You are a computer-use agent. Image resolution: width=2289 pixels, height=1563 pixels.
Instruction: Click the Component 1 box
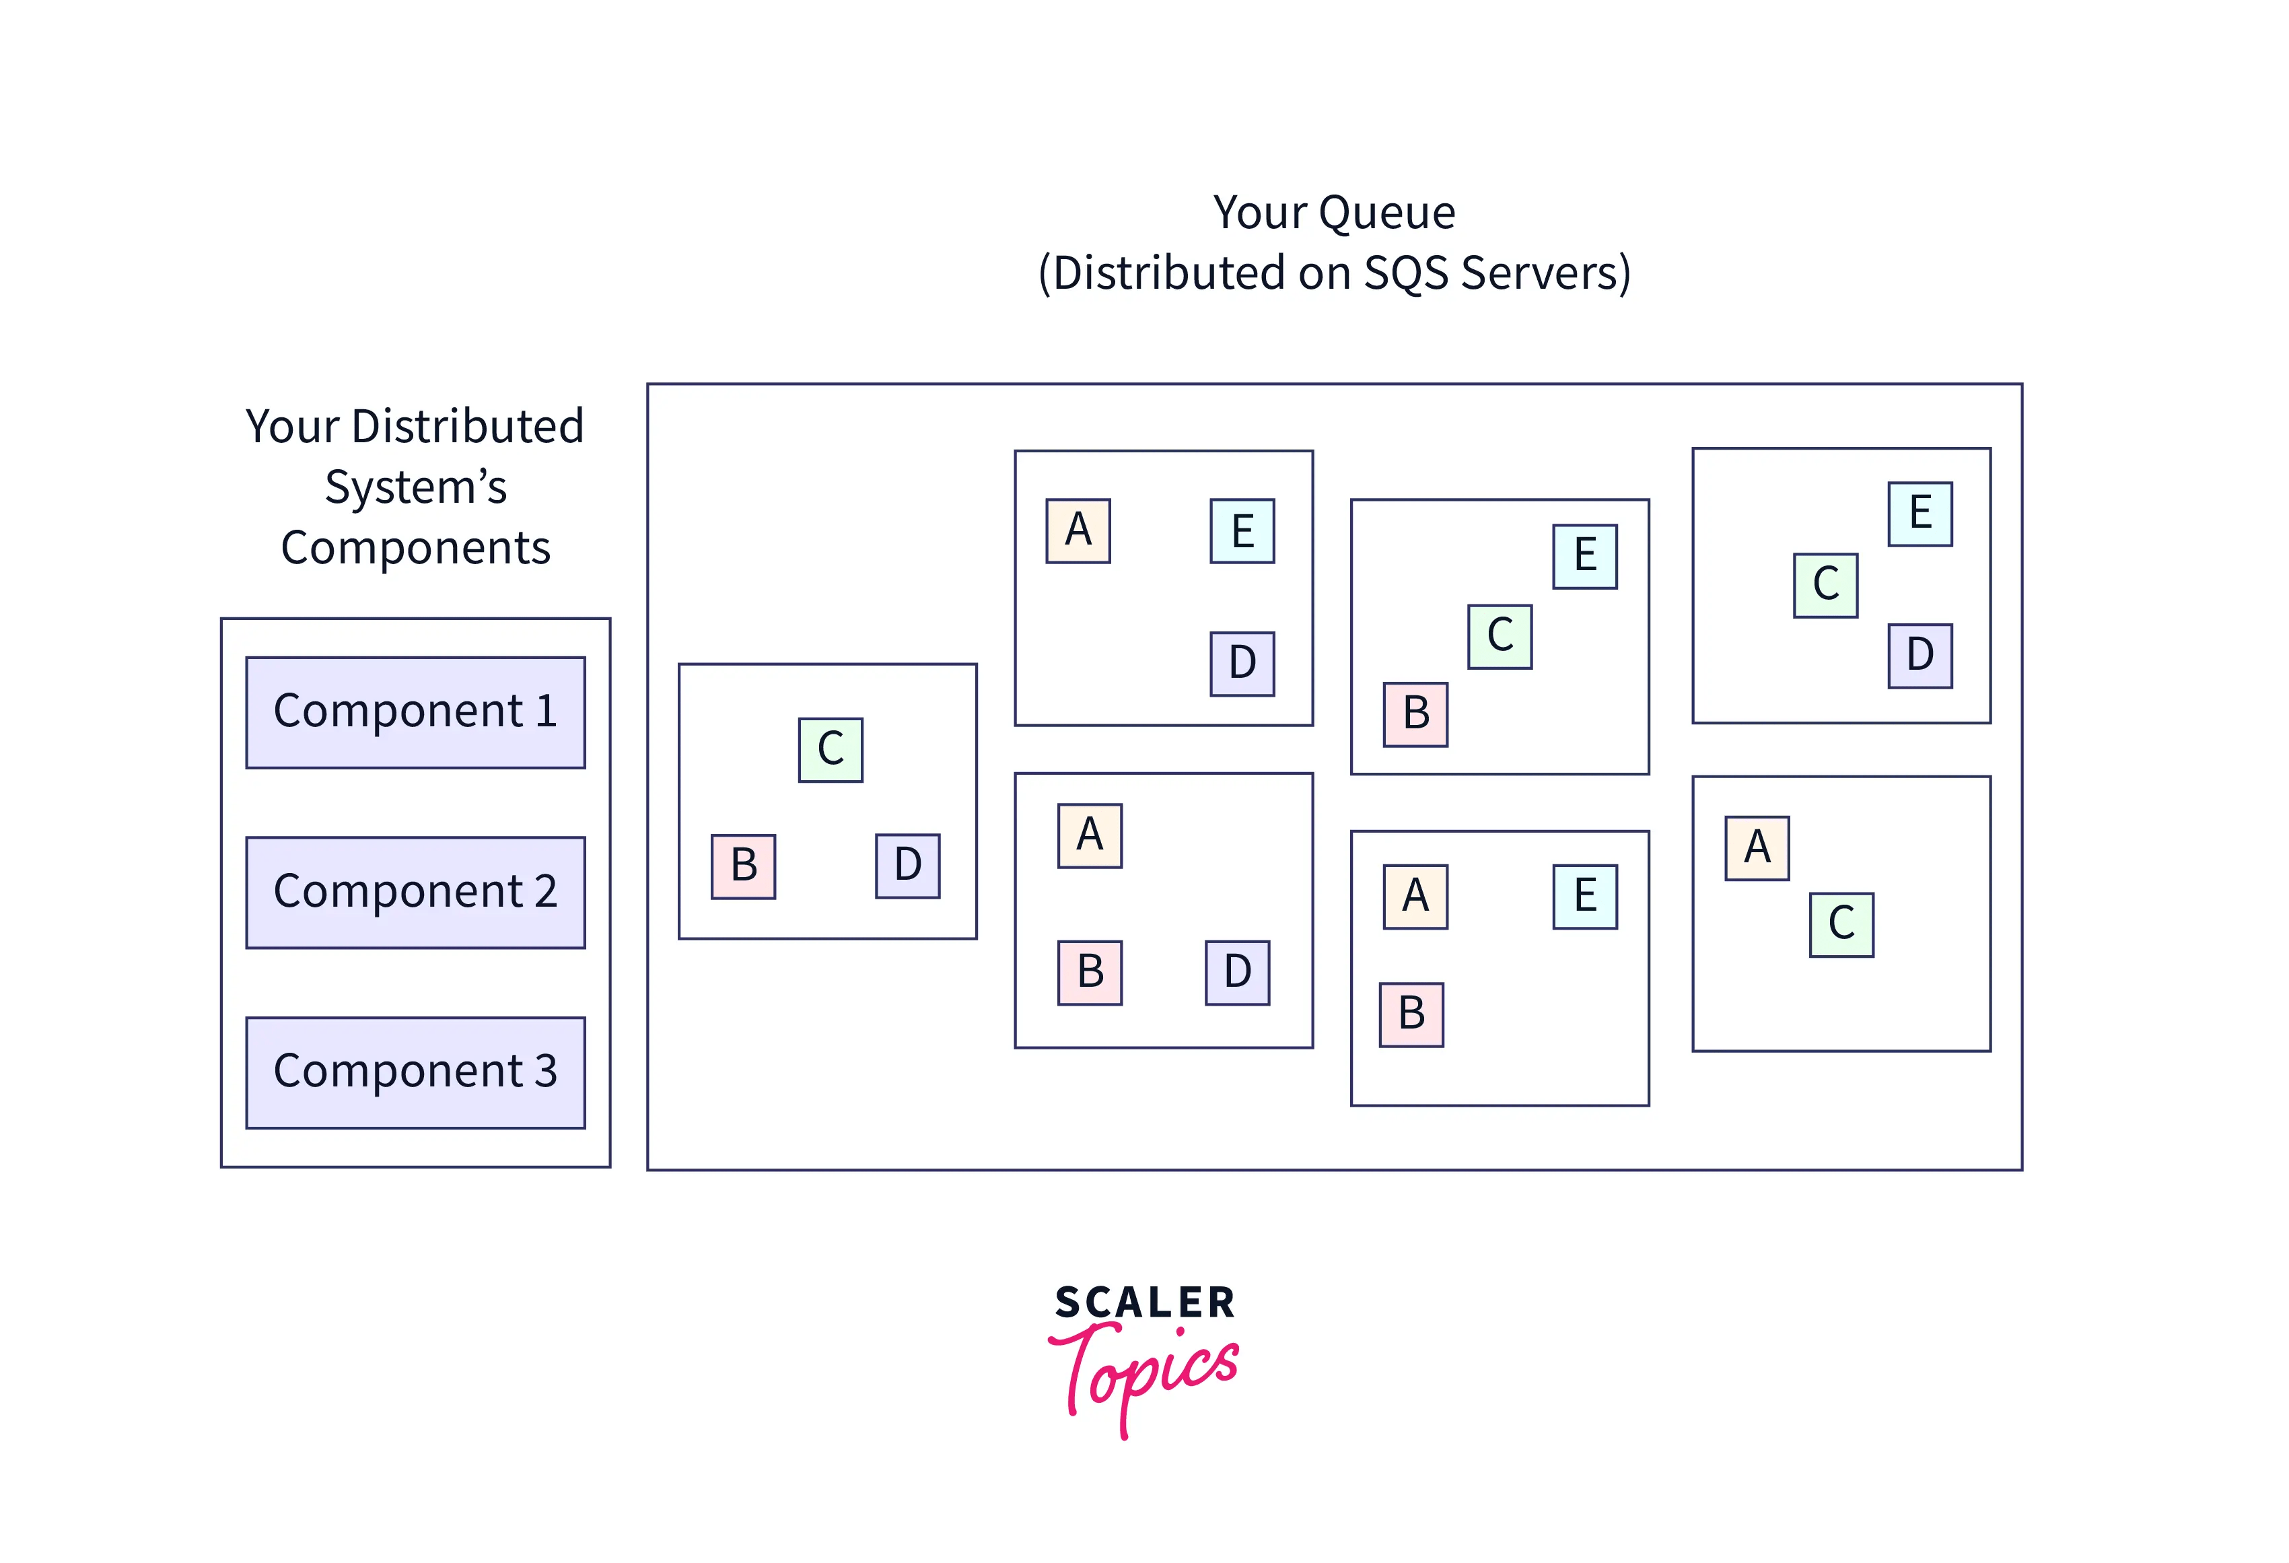415,712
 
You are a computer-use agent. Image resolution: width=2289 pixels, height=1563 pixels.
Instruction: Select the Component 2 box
415,893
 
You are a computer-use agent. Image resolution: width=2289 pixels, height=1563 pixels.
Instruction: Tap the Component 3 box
415,1072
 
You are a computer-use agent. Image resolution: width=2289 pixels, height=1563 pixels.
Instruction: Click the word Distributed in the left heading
467,427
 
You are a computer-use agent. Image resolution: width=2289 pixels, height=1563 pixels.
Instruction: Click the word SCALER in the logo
1144,1302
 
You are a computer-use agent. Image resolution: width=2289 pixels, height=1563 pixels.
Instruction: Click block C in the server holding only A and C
1841,925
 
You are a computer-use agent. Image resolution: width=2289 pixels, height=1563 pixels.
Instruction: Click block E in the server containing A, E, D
1242,531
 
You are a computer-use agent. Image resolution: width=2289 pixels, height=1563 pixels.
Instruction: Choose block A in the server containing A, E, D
1078,531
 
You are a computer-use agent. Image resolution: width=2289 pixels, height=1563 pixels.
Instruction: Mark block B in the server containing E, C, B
1415,714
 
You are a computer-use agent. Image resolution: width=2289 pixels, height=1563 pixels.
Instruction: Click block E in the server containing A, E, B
1585,896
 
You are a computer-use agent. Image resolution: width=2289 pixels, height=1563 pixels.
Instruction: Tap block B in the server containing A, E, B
1411,1014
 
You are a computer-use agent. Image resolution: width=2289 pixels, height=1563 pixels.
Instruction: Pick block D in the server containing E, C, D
1920,656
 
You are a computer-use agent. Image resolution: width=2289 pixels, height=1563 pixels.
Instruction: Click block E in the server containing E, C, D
1920,513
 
